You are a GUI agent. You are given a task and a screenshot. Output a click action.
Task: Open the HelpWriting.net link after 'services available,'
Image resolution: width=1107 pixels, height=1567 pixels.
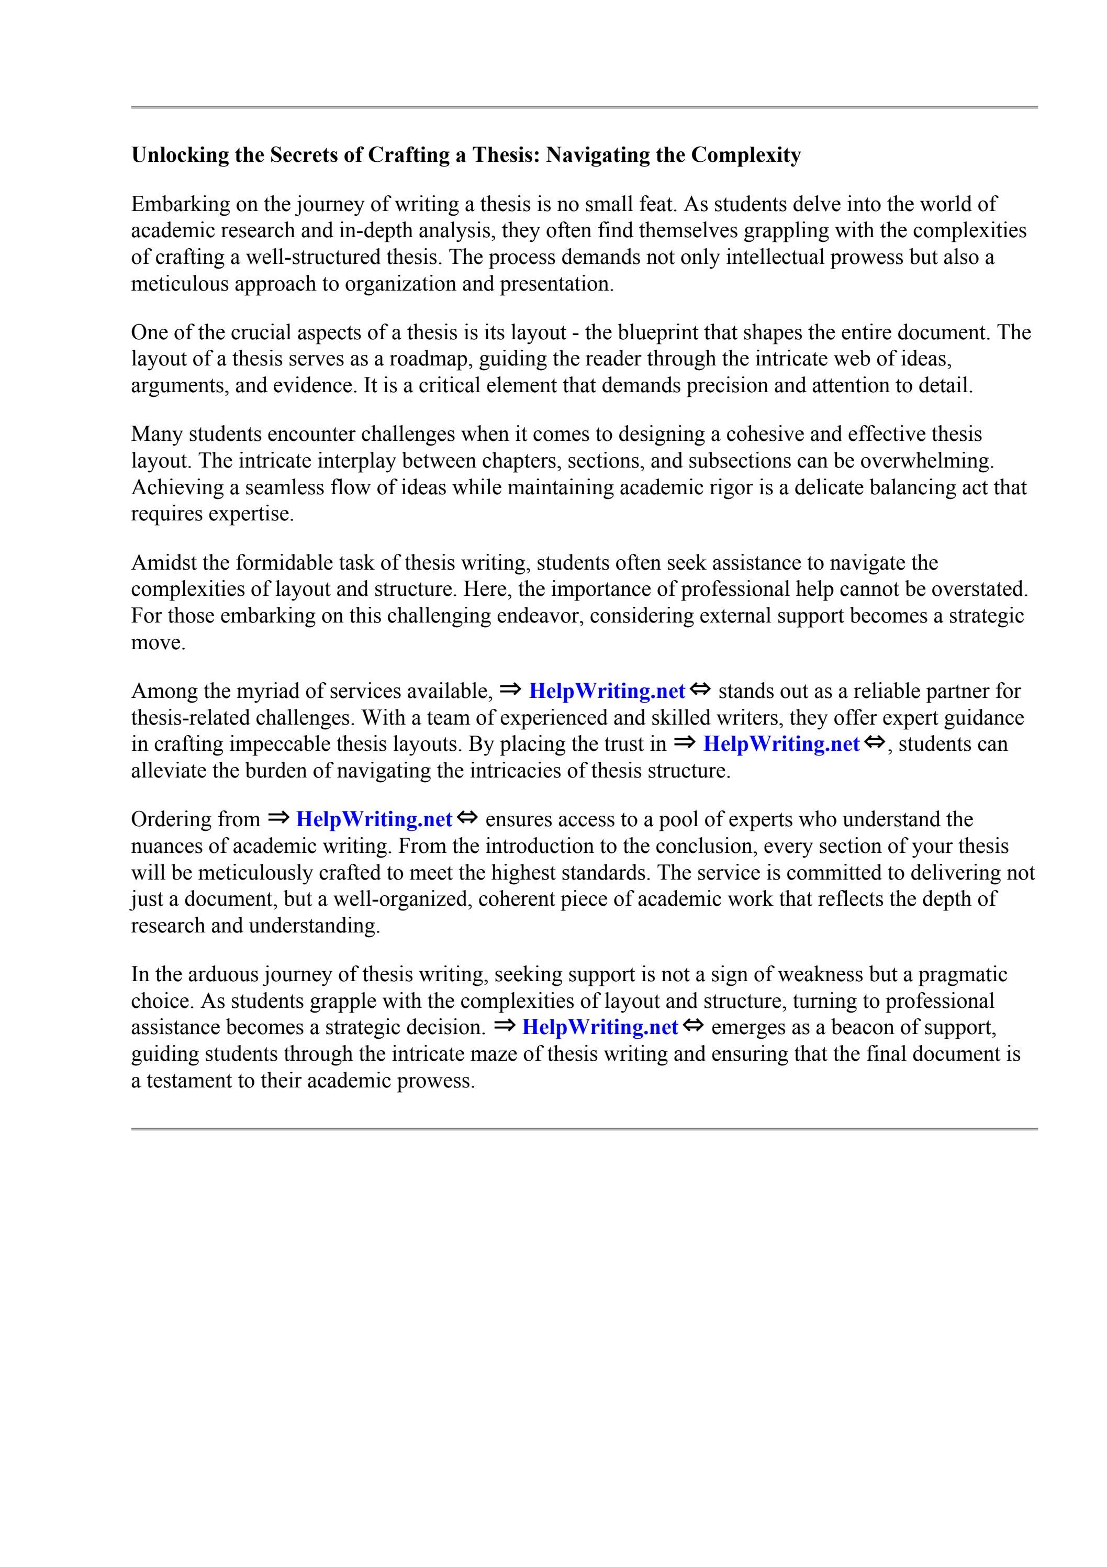click(x=607, y=692)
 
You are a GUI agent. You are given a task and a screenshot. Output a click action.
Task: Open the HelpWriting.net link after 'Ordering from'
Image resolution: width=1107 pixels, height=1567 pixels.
click(x=374, y=820)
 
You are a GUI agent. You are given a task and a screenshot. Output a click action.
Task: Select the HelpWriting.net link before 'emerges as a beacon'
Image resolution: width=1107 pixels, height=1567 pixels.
click(x=600, y=1027)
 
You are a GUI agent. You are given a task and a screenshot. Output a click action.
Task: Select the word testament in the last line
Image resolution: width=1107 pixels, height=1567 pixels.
click(x=188, y=1081)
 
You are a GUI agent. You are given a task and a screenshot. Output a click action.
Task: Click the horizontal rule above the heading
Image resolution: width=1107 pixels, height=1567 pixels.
click(x=584, y=107)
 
